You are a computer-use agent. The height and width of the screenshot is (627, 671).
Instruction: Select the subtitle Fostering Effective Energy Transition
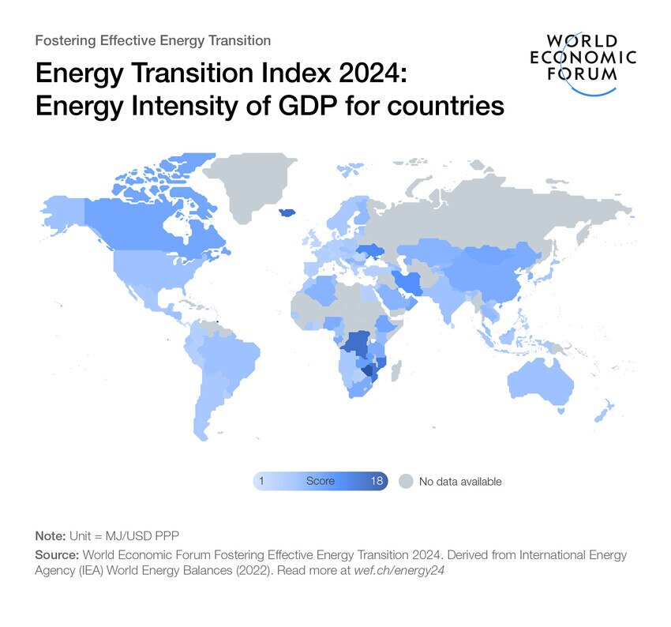click(x=153, y=40)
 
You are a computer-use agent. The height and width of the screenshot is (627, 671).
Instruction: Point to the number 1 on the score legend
click(x=261, y=481)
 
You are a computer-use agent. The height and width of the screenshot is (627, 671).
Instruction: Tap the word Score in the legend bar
click(x=321, y=481)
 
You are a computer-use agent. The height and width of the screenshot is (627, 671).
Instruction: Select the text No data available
click(x=460, y=481)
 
